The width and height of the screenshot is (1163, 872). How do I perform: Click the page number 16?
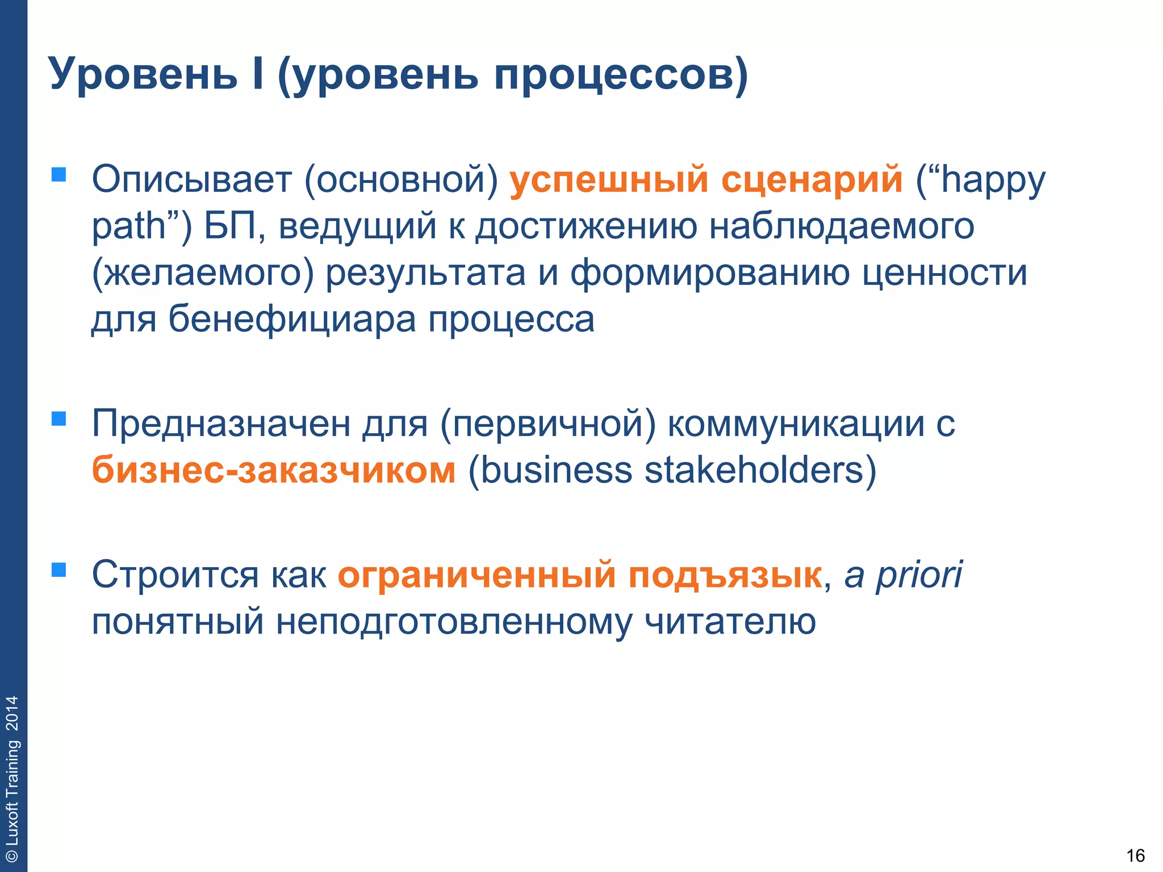[x=1136, y=856]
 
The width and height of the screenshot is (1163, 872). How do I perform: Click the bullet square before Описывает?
[x=59, y=174]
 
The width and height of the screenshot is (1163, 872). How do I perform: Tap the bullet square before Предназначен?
[x=59, y=419]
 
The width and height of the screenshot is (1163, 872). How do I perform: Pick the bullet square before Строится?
[x=59, y=570]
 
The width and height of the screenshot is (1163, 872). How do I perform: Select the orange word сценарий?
[x=811, y=180]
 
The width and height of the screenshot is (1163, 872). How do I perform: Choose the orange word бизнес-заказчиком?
[x=274, y=471]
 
